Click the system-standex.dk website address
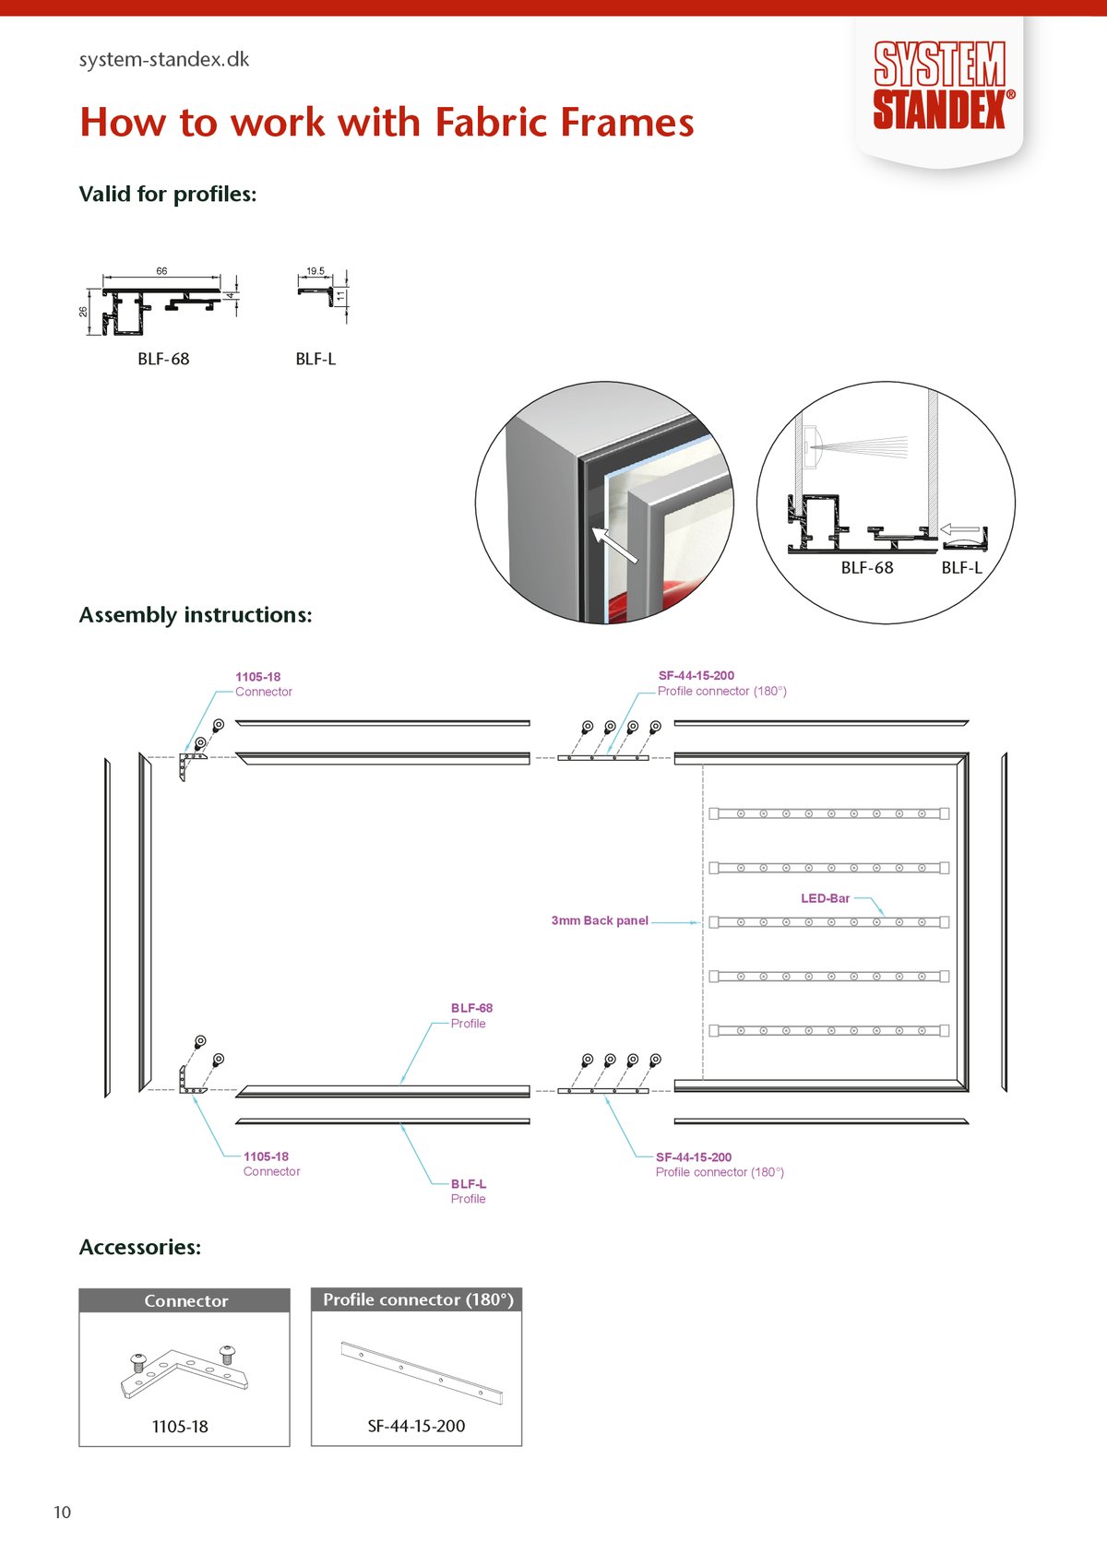[164, 59]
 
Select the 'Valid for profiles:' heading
[168, 194]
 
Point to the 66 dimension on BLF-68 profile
[161, 271]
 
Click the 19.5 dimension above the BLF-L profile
[315, 271]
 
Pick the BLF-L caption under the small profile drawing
[315, 359]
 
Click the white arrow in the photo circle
[614, 545]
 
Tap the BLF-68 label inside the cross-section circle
[866, 567]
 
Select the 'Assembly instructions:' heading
[196, 615]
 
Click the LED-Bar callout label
[826, 898]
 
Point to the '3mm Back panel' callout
[600, 921]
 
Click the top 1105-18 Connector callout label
[264, 684]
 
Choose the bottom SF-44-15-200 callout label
[720, 1165]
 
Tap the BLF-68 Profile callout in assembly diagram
[471, 1016]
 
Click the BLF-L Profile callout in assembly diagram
[469, 1192]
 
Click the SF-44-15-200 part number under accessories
[417, 1426]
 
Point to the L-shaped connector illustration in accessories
[184, 1370]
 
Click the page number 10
[62, 1512]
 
